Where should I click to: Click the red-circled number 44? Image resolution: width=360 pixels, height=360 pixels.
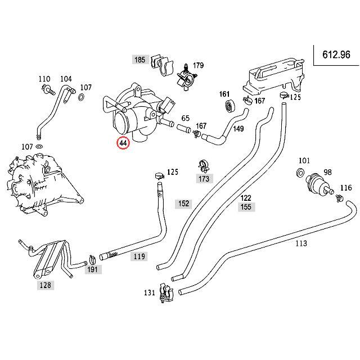(123, 143)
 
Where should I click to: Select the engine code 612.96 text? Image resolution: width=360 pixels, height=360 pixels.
(336, 55)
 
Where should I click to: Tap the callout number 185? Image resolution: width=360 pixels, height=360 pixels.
(138, 59)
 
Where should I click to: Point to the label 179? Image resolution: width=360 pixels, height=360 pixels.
(197, 66)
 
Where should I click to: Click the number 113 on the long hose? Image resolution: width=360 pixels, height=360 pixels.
(301, 243)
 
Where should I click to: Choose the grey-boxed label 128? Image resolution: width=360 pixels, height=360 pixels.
(45, 285)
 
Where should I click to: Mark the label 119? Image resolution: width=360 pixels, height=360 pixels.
(139, 256)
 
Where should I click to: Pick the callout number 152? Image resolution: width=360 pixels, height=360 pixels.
(183, 204)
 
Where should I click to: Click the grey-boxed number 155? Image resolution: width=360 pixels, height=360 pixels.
(245, 206)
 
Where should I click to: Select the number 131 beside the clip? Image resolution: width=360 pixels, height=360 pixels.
(149, 292)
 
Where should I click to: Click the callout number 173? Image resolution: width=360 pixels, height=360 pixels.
(204, 179)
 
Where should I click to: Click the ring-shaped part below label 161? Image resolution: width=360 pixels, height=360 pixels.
(228, 105)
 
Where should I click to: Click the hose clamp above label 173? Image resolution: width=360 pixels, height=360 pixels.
(203, 166)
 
